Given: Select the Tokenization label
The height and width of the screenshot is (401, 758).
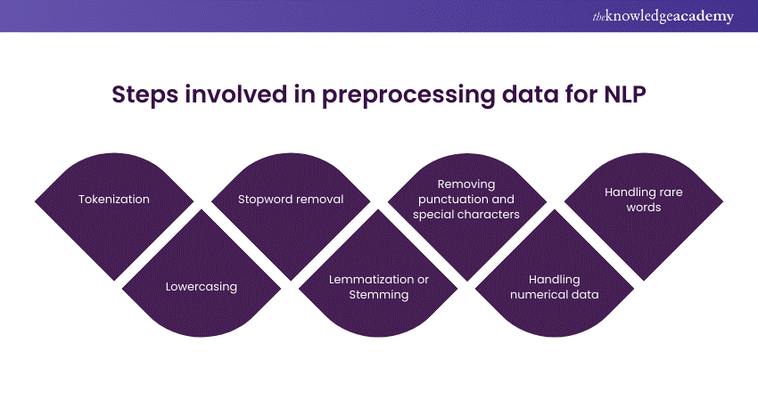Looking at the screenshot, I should [x=114, y=200].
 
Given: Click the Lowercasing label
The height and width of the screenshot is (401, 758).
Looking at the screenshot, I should [x=202, y=287].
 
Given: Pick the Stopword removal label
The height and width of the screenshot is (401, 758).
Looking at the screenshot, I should [x=291, y=200].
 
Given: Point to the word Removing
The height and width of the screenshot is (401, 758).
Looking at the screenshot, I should [x=467, y=185].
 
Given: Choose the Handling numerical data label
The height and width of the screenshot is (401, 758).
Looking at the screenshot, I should [x=555, y=287].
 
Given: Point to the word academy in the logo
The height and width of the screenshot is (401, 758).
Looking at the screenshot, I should [x=707, y=17].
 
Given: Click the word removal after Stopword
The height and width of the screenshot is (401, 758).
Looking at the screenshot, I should [x=318, y=200].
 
